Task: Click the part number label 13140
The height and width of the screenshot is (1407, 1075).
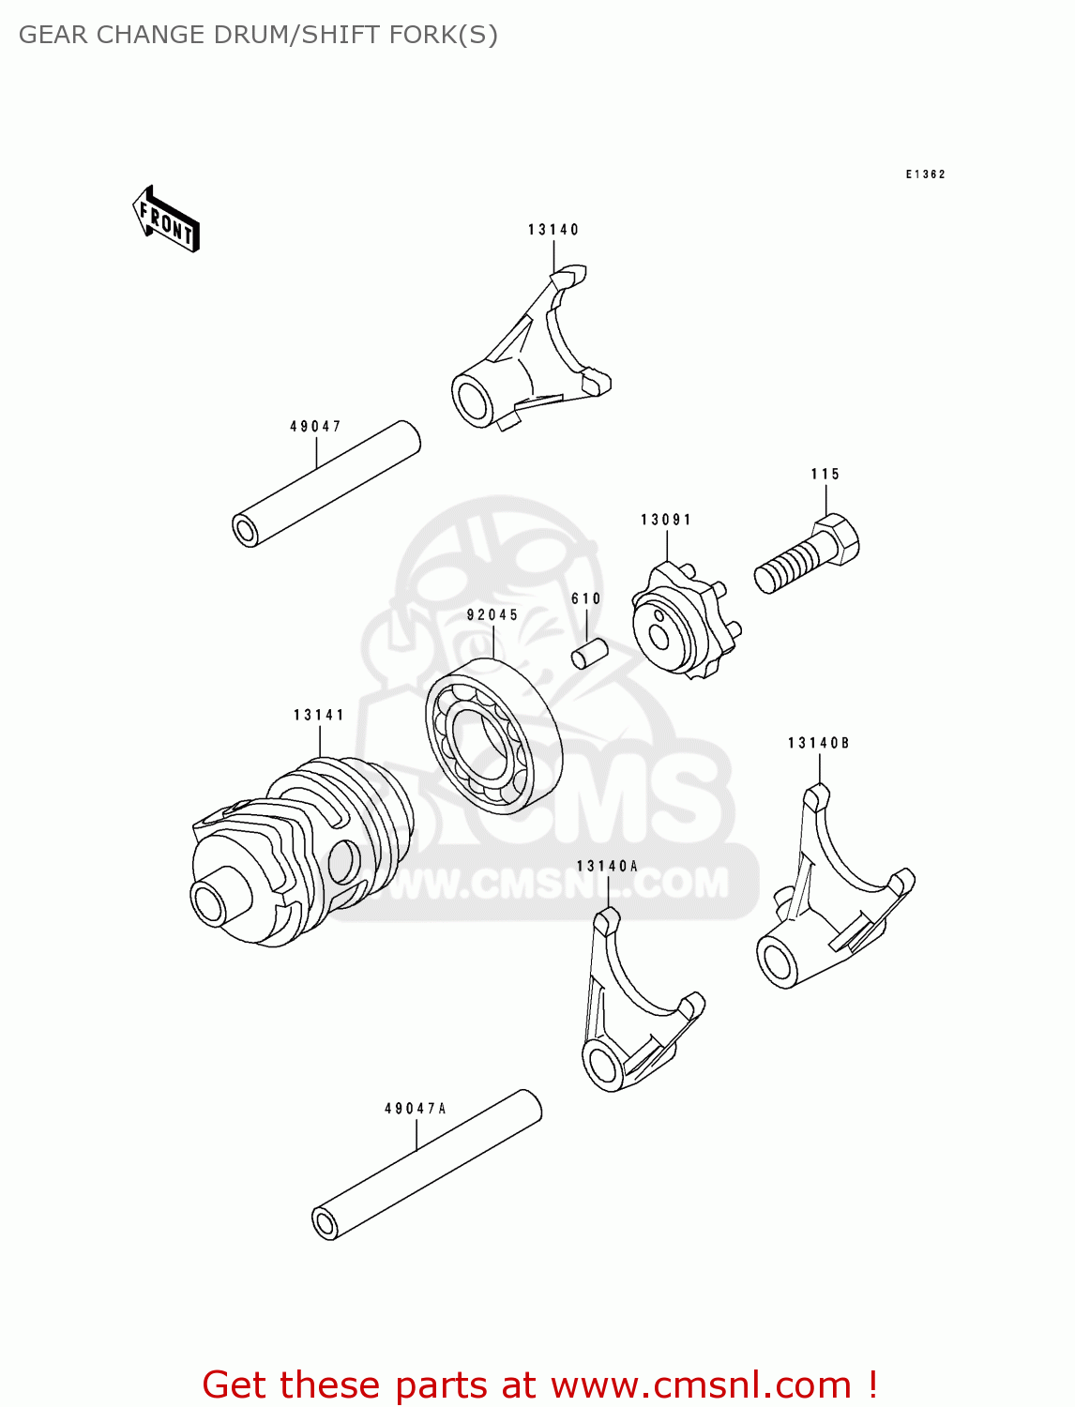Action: [553, 230]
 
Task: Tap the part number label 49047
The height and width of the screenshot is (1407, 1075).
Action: [315, 427]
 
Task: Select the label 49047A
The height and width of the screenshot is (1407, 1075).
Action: [416, 1109]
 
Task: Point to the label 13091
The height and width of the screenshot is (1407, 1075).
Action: [666, 520]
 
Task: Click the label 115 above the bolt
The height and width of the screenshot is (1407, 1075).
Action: [825, 475]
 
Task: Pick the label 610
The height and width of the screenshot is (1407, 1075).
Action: [586, 599]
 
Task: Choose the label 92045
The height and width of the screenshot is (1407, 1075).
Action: [492, 615]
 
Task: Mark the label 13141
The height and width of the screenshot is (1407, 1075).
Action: [319, 716]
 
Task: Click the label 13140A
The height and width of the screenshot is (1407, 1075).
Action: [607, 867]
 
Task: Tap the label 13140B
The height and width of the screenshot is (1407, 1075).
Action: [819, 744]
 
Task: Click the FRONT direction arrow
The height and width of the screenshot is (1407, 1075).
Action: [166, 219]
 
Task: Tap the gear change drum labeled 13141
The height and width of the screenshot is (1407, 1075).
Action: [300, 849]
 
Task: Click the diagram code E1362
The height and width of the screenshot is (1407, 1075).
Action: [925, 174]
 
